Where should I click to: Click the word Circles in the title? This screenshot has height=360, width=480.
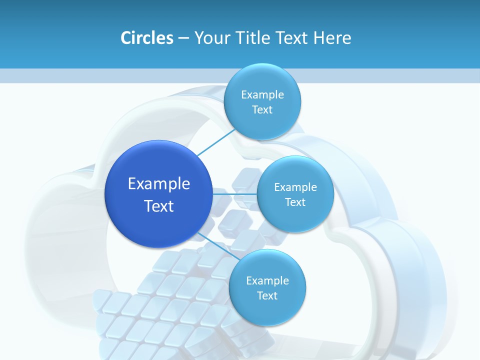pyautogui.click(x=146, y=38)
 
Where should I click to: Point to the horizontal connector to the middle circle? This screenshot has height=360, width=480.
pyautogui.click(x=235, y=193)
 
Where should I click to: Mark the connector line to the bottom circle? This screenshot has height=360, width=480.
pyautogui.click(x=216, y=245)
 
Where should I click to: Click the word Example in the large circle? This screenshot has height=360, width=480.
pyautogui.click(x=159, y=184)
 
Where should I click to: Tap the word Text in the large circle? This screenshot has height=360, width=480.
pyautogui.click(x=159, y=206)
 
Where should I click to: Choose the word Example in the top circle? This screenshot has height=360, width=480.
pyautogui.click(x=262, y=95)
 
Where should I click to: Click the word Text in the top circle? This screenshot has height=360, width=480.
pyautogui.click(x=262, y=110)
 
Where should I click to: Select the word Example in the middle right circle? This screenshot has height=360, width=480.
pyautogui.click(x=295, y=187)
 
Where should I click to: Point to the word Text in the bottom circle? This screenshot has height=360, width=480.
pyautogui.click(x=267, y=296)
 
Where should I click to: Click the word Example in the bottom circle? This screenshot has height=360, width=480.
pyautogui.click(x=267, y=281)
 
